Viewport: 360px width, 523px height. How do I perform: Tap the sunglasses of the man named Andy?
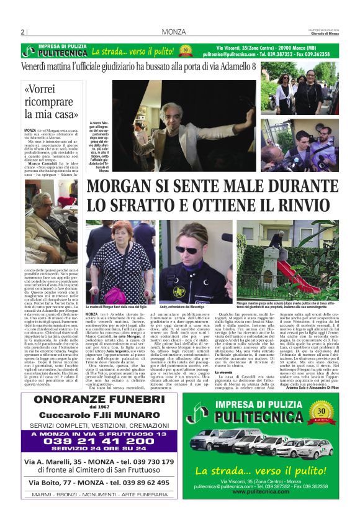187,250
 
